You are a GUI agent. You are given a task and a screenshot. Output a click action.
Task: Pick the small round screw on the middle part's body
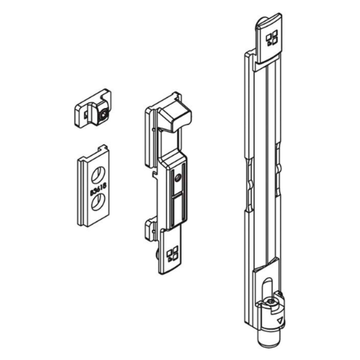(177, 178)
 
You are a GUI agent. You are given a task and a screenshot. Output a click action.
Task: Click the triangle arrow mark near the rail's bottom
(280, 321)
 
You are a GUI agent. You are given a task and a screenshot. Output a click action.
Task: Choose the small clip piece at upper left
(92, 109)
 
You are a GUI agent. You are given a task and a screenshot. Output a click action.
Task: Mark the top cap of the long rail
(269, 39)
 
